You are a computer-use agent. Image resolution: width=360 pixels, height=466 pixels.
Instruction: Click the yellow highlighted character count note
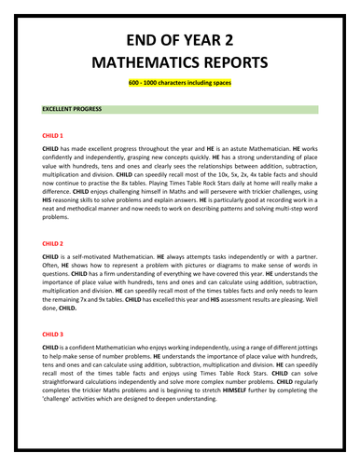pos(180,85)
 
